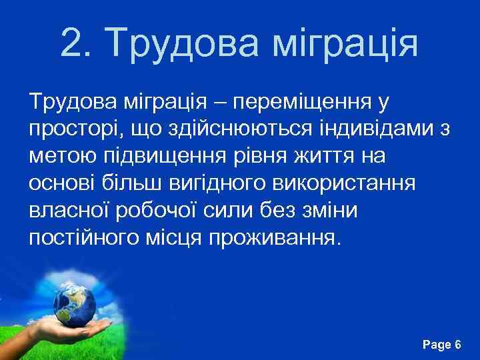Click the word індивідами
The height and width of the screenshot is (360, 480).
pyautogui.click(x=363, y=130)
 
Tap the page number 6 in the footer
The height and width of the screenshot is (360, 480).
pyautogui.click(x=457, y=345)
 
